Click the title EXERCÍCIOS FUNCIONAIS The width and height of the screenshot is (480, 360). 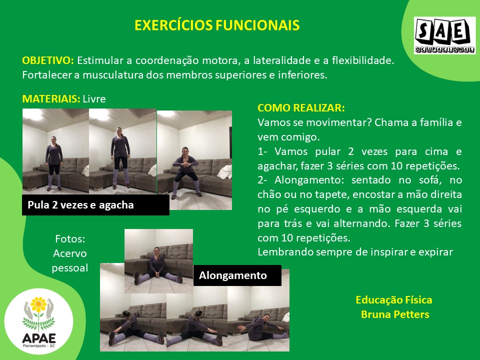point(216,25)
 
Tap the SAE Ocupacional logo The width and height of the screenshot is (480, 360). point(445,35)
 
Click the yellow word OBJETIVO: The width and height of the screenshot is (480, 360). point(48,60)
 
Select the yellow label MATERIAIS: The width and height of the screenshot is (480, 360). point(51,99)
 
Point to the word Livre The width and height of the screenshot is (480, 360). point(94,99)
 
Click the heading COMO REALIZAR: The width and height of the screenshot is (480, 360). point(301,108)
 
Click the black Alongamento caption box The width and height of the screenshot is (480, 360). point(237,275)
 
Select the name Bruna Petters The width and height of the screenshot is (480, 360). point(395,314)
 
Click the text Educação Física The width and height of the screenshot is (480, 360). point(394,300)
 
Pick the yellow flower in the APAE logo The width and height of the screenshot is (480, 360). point(38,304)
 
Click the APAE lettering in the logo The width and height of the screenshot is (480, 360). point(39,338)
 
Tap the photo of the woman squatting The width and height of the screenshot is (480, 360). point(194,160)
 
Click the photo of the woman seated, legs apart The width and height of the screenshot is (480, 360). point(158,261)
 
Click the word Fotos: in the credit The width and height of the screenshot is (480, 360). point(70,239)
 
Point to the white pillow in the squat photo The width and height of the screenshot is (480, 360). point(224,171)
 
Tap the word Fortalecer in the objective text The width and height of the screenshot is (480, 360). point(47,74)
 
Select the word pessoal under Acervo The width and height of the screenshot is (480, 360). point(70,268)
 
